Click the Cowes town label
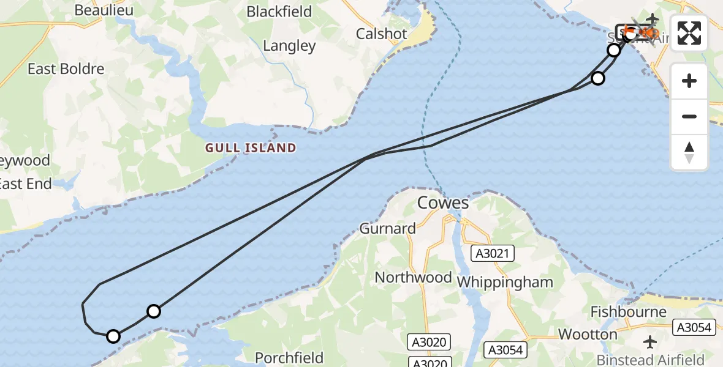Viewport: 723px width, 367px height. (443, 202)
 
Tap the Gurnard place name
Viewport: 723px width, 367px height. (387, 228)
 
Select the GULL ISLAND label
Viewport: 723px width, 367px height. (250, 147)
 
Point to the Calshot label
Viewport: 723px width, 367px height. (381, 34)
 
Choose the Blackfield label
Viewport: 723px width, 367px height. (279, 12)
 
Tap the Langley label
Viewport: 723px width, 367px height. (289, 45)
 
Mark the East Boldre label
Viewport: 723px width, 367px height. (66, 69)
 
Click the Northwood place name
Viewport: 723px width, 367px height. (413, 277)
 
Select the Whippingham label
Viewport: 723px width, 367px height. (505, 282)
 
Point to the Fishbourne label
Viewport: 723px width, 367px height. (628, 312)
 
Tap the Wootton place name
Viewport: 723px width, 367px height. (588, 334)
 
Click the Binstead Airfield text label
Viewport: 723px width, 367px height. (651, 360)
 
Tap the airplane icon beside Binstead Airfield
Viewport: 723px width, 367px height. (651, 341)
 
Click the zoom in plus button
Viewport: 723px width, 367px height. (689, 81)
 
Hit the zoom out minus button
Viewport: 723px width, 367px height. (689, 116)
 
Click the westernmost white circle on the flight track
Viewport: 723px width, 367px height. (113, 336)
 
